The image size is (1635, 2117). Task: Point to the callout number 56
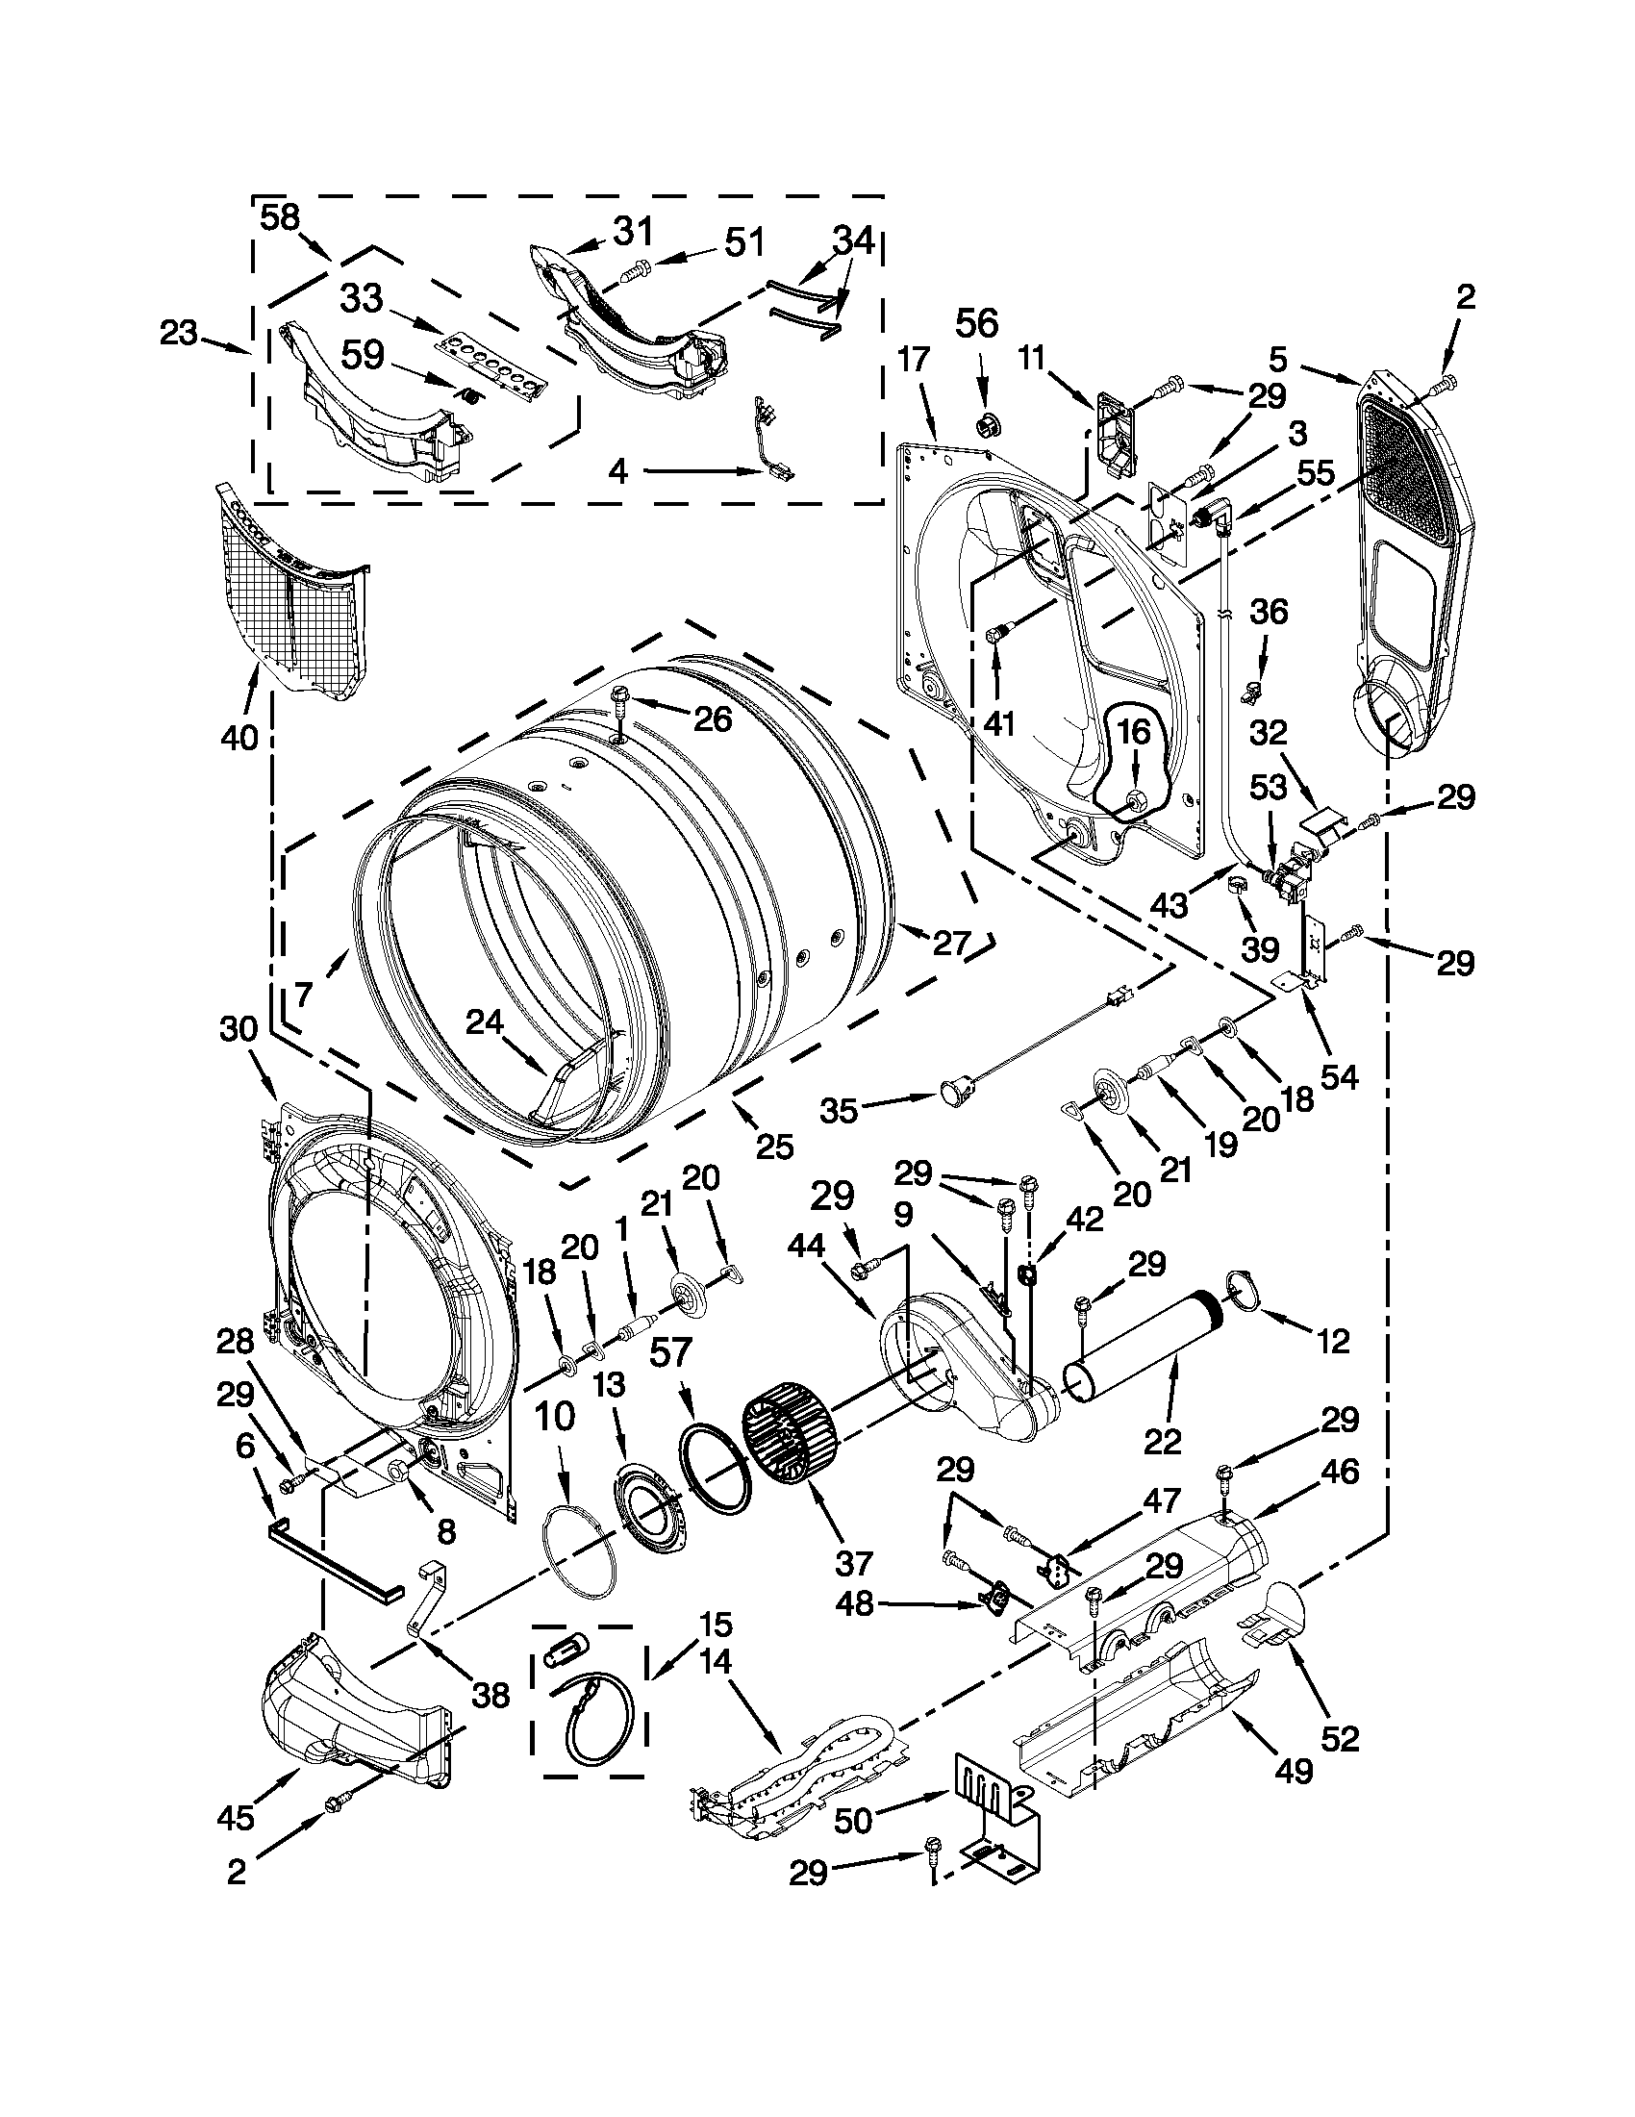pos(976,324)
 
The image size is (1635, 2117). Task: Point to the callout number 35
pos(839,1110)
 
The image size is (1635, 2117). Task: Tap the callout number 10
pos(554,1418)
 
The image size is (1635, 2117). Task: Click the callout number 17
pos(913,360)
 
